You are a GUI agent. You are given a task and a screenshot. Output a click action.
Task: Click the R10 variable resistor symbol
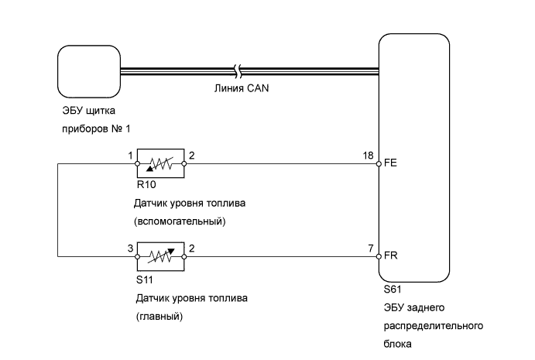(x=161, y=163)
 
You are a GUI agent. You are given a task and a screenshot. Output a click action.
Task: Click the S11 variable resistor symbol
(x=161, y=256)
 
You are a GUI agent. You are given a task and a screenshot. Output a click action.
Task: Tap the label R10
(x=146, y=184)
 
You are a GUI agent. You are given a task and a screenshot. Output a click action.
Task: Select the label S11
(x=144, y=279)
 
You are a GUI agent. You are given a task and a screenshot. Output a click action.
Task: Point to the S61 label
(x=393, y=290)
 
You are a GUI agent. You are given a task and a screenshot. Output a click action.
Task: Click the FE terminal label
(x=390, y=163)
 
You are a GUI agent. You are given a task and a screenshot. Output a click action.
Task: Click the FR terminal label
(x=391, y=255)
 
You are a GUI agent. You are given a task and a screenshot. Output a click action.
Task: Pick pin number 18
(x=369, y=156)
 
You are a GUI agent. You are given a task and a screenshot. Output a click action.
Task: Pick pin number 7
(x=371, y=249)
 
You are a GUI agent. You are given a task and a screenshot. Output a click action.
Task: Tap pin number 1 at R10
(x=130, y=156)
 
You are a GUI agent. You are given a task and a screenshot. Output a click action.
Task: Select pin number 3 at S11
(x=130, y=249)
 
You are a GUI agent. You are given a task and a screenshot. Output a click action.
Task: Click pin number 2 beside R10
(x=191, y=156)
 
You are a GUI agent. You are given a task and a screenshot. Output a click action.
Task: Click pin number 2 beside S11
(x=191, y=249)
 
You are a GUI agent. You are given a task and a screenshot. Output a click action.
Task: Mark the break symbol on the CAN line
(x=238, y=71)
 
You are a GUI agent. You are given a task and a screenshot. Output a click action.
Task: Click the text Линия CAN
(x=242, y=88)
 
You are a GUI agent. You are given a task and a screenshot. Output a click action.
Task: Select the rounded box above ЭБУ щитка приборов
(x=89, y=72)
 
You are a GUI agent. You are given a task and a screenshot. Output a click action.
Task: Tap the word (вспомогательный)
(x=180, y=221)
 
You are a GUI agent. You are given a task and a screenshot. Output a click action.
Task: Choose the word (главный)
(x=159, y=317)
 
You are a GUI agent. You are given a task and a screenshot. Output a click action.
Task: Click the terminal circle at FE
(x=379, y=164)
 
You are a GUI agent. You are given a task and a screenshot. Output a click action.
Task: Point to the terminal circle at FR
(x=379, y=256)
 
